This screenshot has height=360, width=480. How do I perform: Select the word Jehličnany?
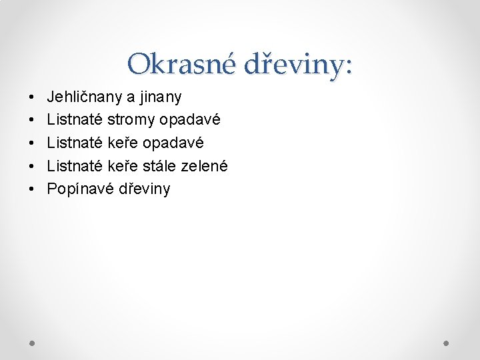pos(85,97)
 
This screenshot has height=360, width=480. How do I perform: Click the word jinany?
pos(161,97)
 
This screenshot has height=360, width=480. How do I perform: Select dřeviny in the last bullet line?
pos(144,189)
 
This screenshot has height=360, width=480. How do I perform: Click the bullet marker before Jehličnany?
pos(33,98)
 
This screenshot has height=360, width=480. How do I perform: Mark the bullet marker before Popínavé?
pos(33,189)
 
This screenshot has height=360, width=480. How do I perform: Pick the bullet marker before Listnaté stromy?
pos(33,121)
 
